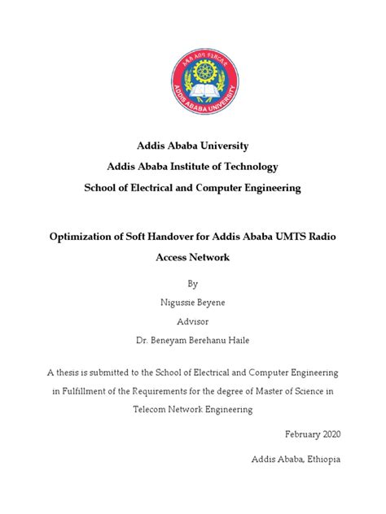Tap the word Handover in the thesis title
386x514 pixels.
pos(187,236)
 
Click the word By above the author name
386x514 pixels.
pos(193,285)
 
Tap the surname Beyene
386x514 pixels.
pos(212,303)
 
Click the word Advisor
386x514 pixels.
pos(193,320)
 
